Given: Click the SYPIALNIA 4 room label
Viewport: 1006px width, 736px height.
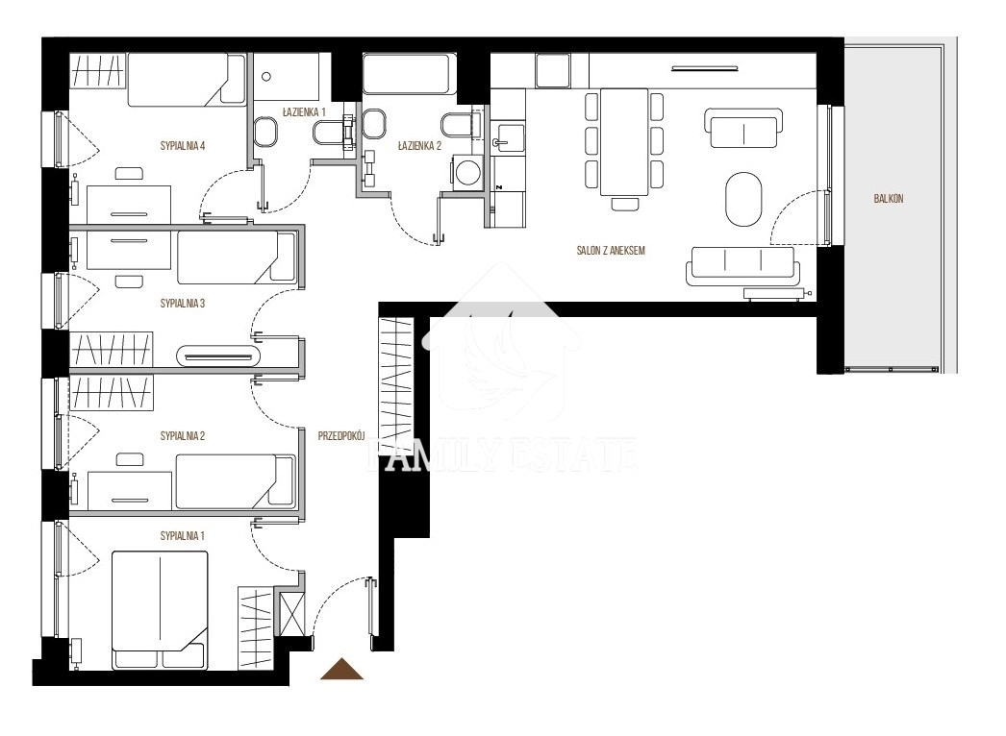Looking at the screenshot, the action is [182, 146].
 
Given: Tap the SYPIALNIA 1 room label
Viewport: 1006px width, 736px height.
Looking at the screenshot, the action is [182, 536].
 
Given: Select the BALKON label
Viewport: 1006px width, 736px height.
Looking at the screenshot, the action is [889, 199].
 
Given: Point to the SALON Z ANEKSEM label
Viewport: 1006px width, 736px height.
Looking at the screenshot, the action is [610, 251].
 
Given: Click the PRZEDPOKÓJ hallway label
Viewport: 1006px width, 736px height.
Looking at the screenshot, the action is [341, 436].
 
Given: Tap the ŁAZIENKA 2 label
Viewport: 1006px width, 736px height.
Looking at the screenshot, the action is [419, 146].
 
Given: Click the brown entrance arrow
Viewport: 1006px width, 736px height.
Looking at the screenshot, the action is [342, 669].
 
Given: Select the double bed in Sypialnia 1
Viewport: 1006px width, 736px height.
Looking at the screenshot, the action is [160, 610].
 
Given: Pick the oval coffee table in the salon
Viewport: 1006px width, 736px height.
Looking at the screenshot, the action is [744, 199].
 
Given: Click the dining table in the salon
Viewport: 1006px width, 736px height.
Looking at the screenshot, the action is [624, 141].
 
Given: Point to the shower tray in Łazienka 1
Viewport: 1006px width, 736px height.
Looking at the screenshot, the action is [287, 76].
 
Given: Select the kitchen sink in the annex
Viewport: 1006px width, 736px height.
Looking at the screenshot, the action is [508, 138].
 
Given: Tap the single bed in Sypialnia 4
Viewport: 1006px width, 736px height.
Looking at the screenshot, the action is [187, 80].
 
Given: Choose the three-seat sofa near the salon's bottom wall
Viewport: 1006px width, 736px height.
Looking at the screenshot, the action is [742, 265].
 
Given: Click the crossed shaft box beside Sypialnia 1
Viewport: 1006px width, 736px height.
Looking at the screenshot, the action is [290, 612].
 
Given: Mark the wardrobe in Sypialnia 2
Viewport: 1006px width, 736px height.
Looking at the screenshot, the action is [112, 393].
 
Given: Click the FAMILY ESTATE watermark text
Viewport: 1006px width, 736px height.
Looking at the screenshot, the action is [502, 455].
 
